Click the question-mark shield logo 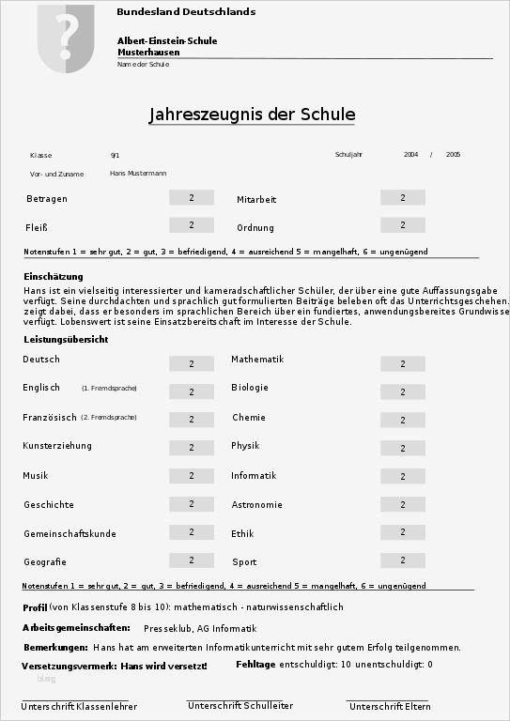(67, 38)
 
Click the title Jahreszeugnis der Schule (252, 115)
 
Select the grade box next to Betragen (192, 197)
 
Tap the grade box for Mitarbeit (403, 197)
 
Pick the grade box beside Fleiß (192, 225)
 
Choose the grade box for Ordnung (403, 225)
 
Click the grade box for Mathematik (403, 363)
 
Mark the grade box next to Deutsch (192, 363)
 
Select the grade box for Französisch (192, 420)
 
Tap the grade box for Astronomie (403, 504)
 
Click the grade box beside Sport (403, 560)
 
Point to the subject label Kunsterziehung (57, 446)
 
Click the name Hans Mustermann (138, 174)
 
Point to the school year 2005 (453, 154)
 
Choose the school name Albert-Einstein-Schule (167, 41)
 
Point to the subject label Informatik (254, 475)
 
